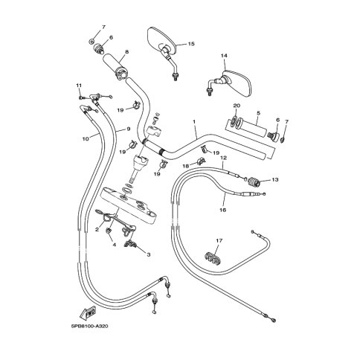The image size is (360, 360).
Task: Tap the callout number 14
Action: click(224, 56)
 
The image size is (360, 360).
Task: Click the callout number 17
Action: click(219, 240)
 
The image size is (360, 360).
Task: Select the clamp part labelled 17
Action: click(213, 258)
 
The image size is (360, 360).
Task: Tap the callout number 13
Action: click(275, 179)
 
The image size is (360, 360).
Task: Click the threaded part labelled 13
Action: click(254, 183)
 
